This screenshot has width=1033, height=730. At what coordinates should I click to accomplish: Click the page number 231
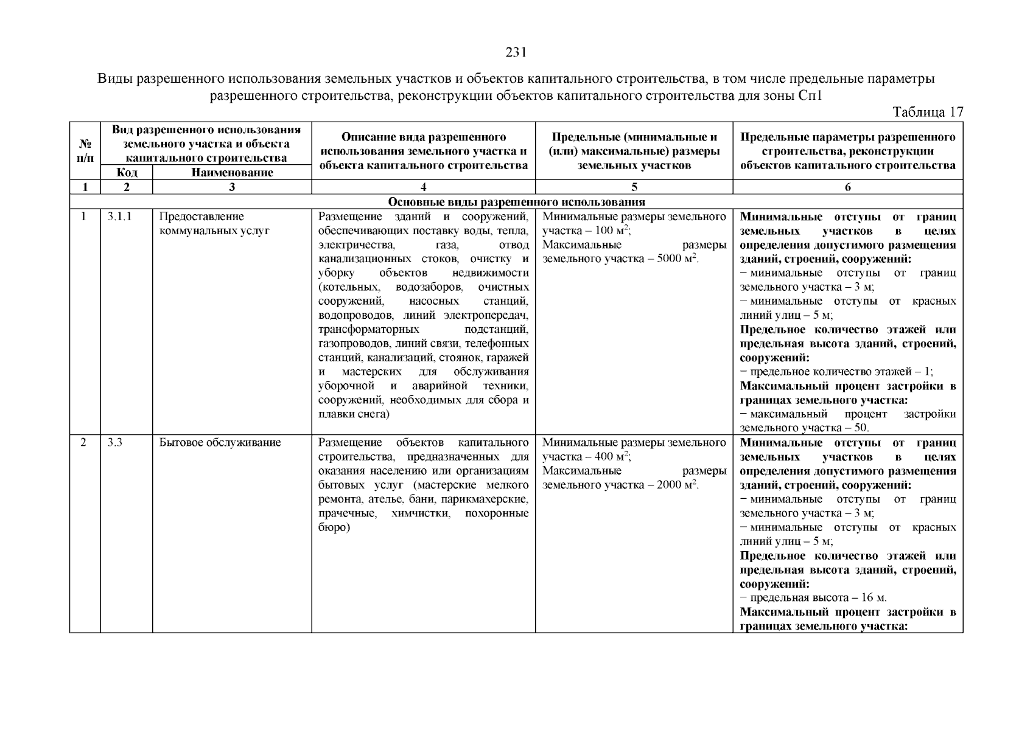pyautogui.click(x=516, y=53)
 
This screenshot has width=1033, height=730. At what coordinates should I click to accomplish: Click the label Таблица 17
pyautogui.click(x=927, y=113)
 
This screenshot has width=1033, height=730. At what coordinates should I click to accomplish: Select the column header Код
pyautogui.click(x=126, y=173)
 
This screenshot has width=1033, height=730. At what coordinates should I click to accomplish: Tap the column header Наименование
pyautogui.click(x=232, y=173)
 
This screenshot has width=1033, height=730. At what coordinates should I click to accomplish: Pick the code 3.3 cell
pyautogui.click(x=115, y=443)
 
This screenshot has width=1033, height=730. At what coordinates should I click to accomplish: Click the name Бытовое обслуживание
pyautogui.click(x=220, y=443)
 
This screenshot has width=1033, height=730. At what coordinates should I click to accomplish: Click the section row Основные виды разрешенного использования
pyautogui.click(x=516, y=202)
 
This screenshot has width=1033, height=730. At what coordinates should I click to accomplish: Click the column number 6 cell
pyautogui.click(x=847, y=187)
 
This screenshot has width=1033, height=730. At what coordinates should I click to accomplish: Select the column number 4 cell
pyautogui.click(x=423, y=187)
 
